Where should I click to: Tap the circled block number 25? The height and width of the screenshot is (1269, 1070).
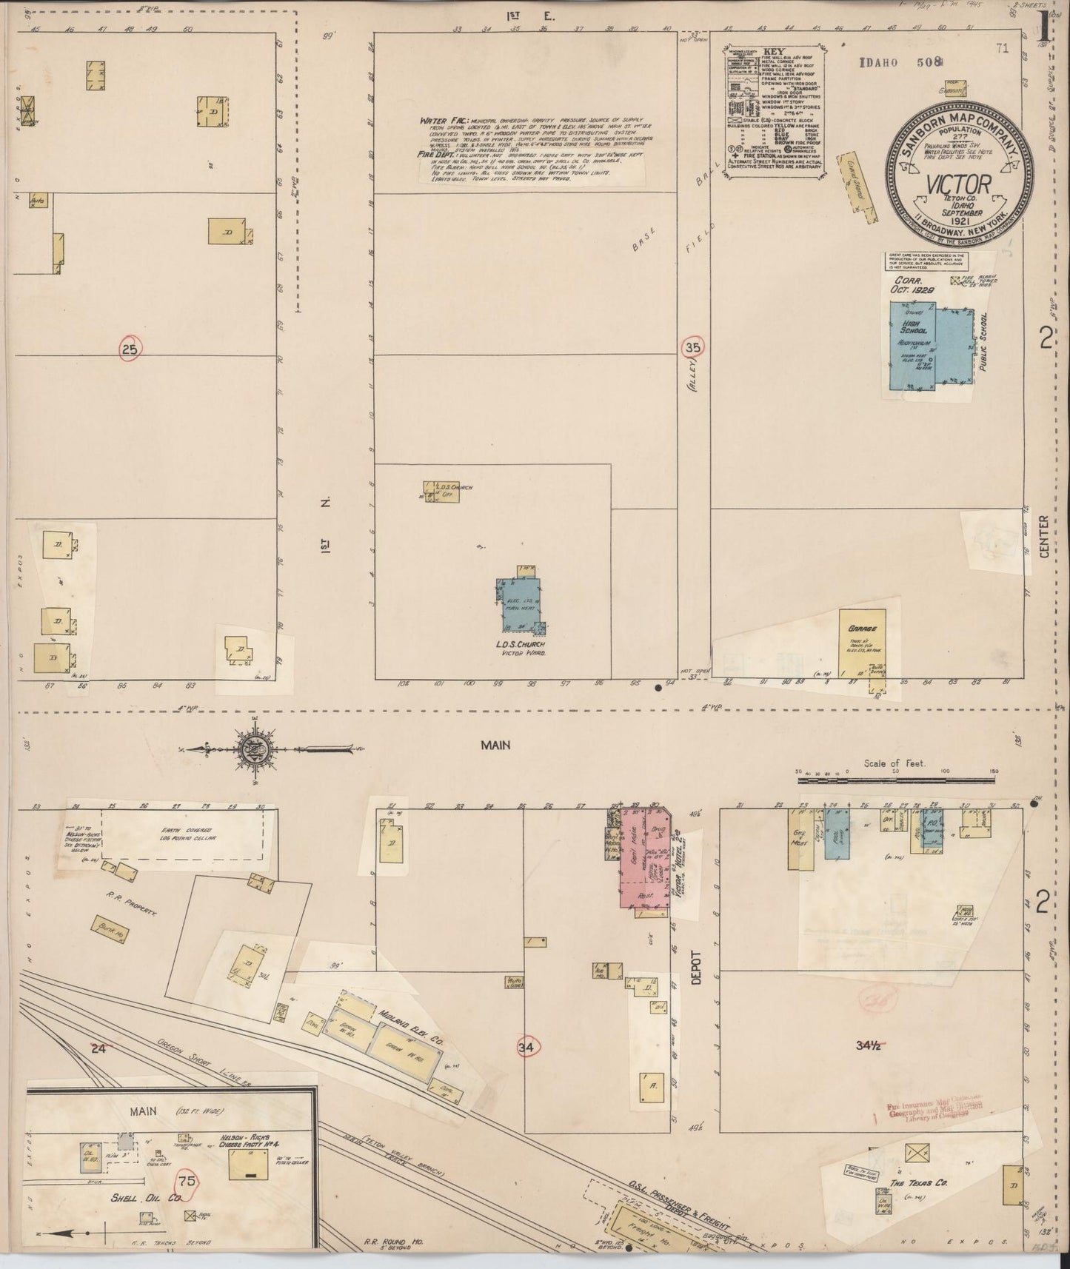(130, 348)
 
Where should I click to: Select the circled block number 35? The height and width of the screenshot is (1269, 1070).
(694, 346)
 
